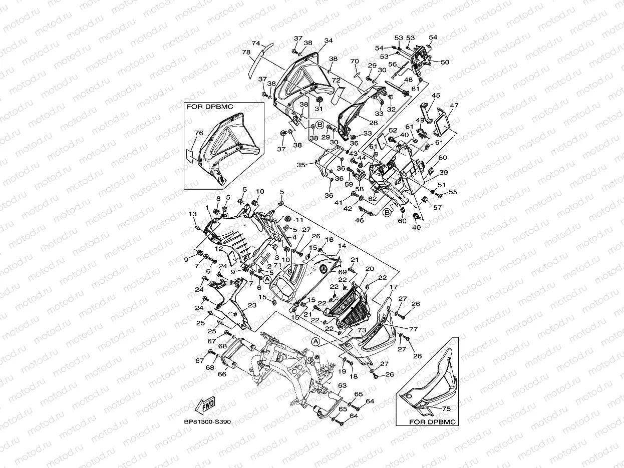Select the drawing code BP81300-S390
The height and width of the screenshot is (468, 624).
pos(207,422)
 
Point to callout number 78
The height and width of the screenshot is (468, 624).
pos(246,53)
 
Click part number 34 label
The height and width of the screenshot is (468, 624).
pos(329,41)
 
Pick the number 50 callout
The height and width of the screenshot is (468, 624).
pos(445,62)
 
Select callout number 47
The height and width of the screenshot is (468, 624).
pos(454,106)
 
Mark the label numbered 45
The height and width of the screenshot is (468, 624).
pos(436,96)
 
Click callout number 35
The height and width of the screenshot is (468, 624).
pos(300,165)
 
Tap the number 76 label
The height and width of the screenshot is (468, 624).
pos(198,133)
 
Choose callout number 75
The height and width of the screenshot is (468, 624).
pos(446,409)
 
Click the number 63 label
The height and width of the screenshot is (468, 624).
pos(342,386)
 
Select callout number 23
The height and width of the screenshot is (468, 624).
pos(252,305)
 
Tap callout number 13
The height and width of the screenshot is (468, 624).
pos(192,214)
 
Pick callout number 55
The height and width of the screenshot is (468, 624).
pos(453,192)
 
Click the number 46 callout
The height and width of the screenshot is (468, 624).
pos(360,220)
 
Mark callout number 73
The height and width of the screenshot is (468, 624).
pos(362,331)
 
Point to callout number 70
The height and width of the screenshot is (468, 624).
pos(355,62)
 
